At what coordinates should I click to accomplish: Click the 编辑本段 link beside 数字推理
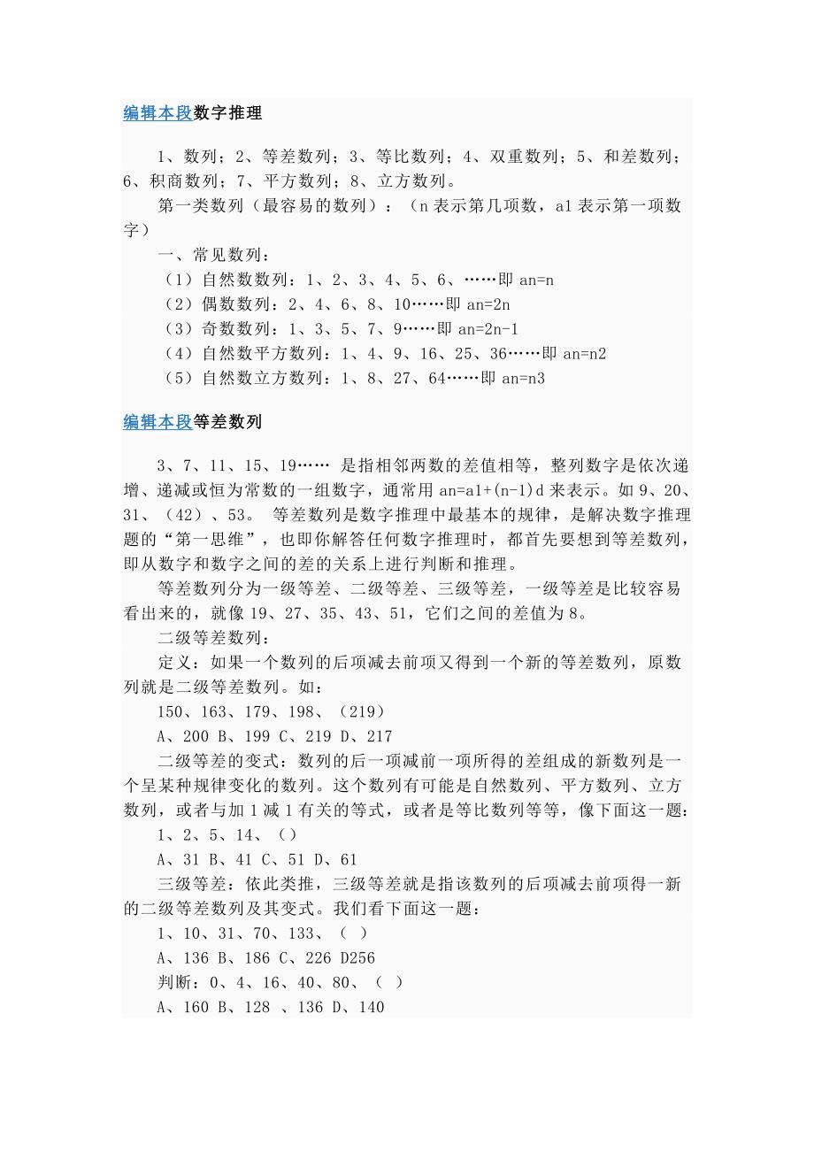click(x=157, y=113)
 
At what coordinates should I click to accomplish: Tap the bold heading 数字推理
click(x=227, y=113)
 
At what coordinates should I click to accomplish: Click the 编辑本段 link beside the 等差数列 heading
click(x=157, y=422)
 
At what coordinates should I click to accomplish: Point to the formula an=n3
click(x=523, y=379)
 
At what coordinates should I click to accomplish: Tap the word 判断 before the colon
click(x=174, y=982)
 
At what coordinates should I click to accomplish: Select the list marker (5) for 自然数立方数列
click(x=180, y=379)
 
